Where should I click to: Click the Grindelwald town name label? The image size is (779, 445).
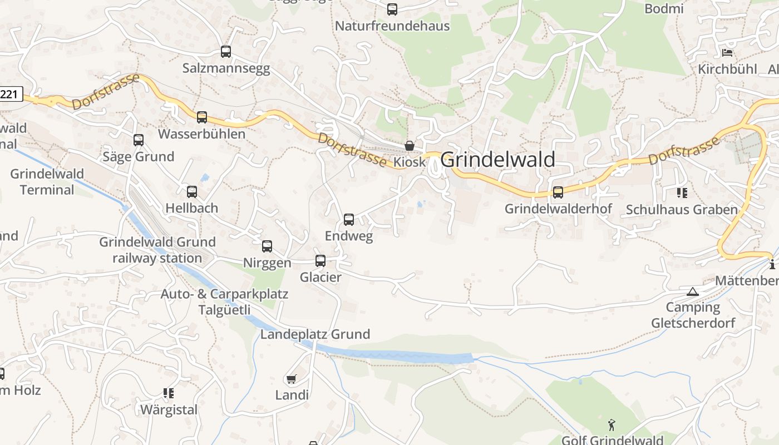pyautogui.click(x=497, y=160)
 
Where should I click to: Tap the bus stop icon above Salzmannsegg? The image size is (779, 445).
pyautogui.click(x=225, y=52)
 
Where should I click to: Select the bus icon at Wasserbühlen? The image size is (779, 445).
pyautogui.click(x=202, y=117)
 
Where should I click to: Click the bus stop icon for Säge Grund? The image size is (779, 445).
pyautogui.click(x=139, y=140)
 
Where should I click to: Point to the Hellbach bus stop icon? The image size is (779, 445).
pyautogui.click(x=192, y=192)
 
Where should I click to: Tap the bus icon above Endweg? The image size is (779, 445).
pyautogui.click(x=349, y=220)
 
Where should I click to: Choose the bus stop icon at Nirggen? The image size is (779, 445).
pyautogui.click(x=267, y=246)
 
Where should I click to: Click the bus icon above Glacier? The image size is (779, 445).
pyautogui.click(x=321, y=260)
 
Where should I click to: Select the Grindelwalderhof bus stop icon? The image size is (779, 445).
pyautogui.click(x=558, y=192)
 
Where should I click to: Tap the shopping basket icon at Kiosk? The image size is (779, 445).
pyautogui.click(x=410, y=146)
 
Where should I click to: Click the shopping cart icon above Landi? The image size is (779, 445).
pyautogui.click(x=291, y=379)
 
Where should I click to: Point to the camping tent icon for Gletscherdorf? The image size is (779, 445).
pyautogui.click(x=692, y=291)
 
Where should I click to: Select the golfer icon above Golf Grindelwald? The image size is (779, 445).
pyautogui.click(x=612, y=425)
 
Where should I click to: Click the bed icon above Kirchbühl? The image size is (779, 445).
pyautogui.click(x=727, y=53)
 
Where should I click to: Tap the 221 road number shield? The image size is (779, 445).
pyautogui.click(x=9, y=94)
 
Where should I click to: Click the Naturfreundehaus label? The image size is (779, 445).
pyautogui.click(x=392, y=26)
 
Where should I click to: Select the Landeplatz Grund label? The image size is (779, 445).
pyautogui.click(x=315, y=334)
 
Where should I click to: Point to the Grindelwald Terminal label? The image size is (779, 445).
pyautogui.click(x=47, y=182)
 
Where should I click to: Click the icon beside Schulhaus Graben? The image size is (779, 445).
pyautogui.click(x=682, y=193)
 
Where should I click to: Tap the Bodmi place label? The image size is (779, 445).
pyautogui.click(x=664, y=8)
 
